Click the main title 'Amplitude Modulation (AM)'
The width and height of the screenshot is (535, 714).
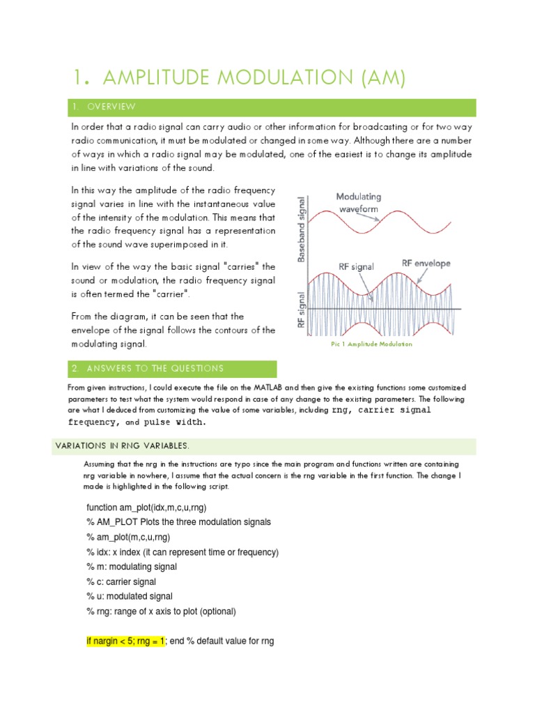[x=239, y=78]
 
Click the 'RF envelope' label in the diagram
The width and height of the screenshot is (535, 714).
[x=426, y=263]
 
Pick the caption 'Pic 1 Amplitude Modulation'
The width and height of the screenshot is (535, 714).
[x=371, y=344]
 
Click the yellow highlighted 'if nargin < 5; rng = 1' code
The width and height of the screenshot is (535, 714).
[x=125, y=641]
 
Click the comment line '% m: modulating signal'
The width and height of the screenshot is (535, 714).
[x=132, y=567]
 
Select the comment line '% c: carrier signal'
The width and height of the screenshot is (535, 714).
[x=121, y=582]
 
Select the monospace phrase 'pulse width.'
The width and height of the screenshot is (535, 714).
[x=175, y=422]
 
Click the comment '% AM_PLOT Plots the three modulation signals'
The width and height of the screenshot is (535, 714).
[x=178, y=522]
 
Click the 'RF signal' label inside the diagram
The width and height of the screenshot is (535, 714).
[x=357, y=266]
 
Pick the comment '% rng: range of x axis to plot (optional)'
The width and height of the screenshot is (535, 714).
[x=162, y=612]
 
